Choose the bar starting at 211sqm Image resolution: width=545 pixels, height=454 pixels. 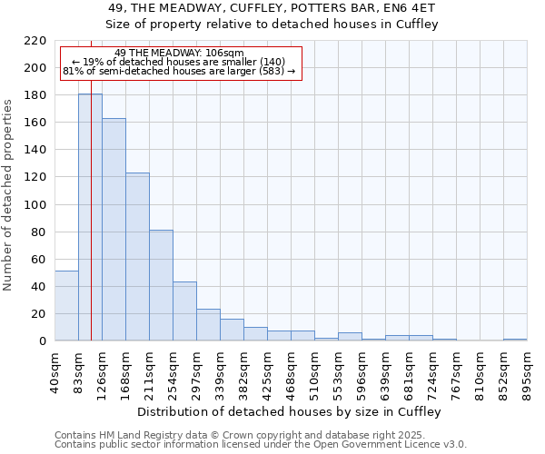(x=161, y=285)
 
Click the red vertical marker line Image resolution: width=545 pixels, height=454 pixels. (x=92, y=227)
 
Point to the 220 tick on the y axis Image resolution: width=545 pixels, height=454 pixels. (x=36, y=41)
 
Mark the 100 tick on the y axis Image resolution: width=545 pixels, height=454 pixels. (x=36, y=205)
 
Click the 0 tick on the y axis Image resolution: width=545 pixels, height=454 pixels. (x=43, y=341)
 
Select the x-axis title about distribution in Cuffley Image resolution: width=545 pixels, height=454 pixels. (x=291, y=412)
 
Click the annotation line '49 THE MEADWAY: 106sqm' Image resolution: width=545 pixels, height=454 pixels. (x=180, y=53)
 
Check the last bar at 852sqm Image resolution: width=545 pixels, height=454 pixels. (x=515, y=340)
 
